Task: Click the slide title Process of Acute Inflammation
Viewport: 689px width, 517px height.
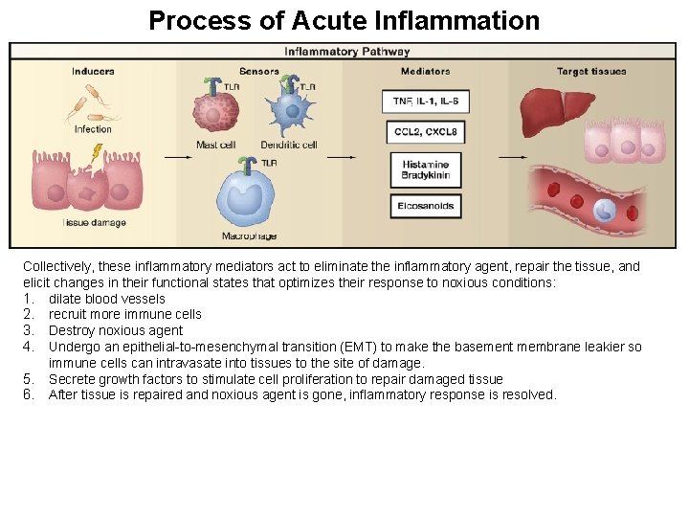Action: coord(344,20)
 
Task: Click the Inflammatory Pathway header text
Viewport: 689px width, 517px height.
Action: coord(347,52)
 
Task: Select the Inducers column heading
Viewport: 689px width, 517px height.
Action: coord(93,72)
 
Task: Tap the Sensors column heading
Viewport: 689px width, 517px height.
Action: coord(259,72)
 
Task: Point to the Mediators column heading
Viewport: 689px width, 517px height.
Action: coord(426,72)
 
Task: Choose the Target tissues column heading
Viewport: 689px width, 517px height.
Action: coord(590,72)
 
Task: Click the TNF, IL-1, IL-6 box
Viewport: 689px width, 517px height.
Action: coord(426,101)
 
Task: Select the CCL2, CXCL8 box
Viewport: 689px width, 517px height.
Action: coord(426,132)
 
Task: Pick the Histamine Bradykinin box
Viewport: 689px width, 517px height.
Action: coord(426,170)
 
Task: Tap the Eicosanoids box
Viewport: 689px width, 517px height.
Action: coord(426,206)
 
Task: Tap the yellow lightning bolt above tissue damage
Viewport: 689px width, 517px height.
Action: coord(97,152)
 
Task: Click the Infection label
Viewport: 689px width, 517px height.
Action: coord(93,129)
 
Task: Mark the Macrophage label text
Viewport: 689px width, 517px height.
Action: coord(249,236)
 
